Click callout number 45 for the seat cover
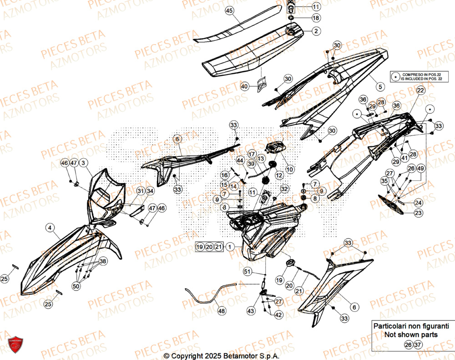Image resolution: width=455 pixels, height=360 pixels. (229, 10)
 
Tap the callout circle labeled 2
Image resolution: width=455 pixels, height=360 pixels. (316, 31)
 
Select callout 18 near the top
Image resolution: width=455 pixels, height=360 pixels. (316, 18)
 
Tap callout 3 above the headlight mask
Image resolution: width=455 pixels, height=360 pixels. (84, 163)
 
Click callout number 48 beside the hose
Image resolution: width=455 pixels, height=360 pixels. (222, 311)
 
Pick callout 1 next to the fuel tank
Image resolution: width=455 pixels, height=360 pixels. (231, 247)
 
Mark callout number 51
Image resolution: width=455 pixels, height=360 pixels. (247, 272)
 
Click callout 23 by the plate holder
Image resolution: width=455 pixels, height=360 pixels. (418, 212)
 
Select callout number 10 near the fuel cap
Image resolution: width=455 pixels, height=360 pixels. (290, 169)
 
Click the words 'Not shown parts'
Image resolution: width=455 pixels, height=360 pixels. (411, 335)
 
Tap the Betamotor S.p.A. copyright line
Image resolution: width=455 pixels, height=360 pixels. (221, 355)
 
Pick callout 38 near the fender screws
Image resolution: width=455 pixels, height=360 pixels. (103, 261)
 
